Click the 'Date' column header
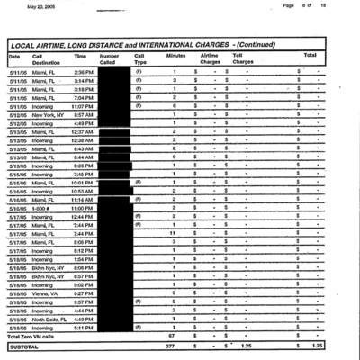point(14,56)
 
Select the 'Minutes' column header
point(176,56)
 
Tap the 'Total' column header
point(310,56)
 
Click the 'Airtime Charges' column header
point(209,59)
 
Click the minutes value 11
point(172,233)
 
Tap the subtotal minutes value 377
point(170,346)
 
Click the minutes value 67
point(172,336)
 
